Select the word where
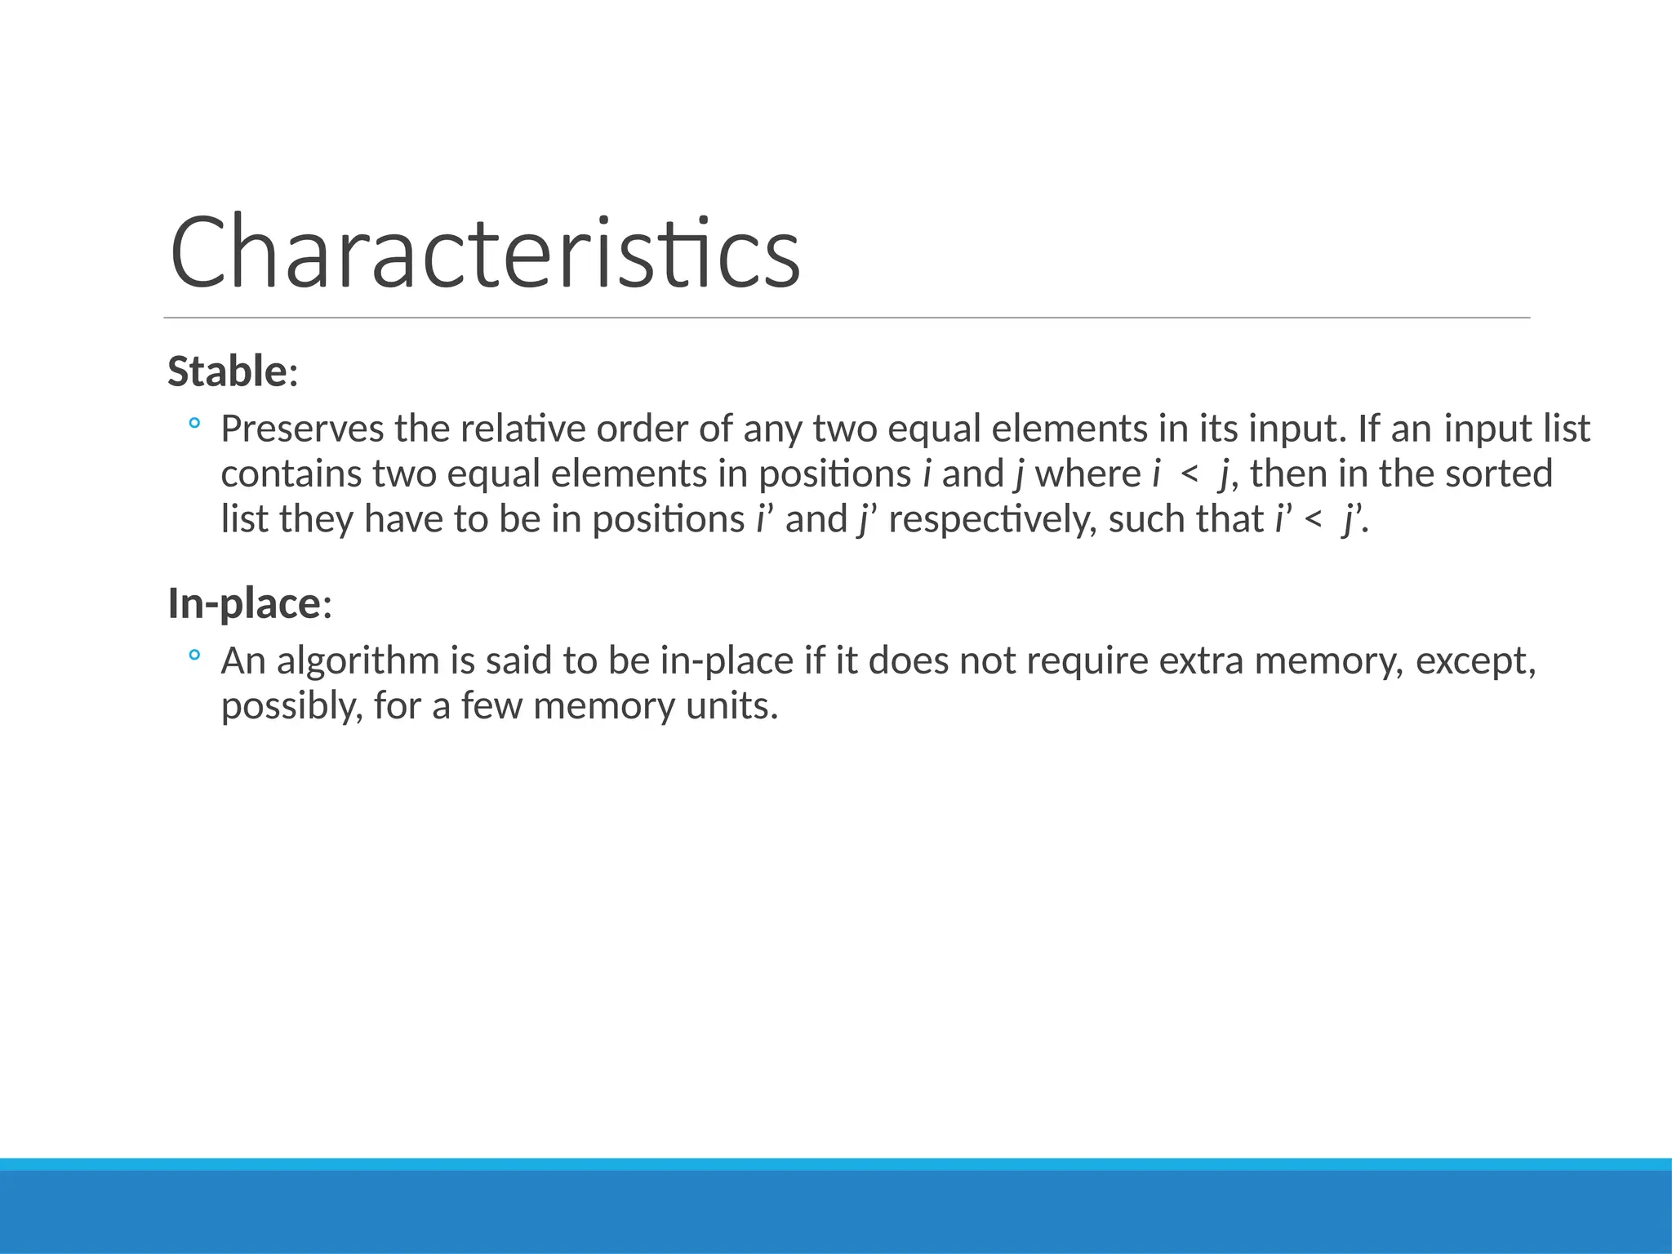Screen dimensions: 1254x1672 pyautogui.click(x=1087, y=474)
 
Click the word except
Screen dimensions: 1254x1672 pyautogui.click(x=1475, y=660)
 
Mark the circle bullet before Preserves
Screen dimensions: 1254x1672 pyautogui.click(x=194, y=424)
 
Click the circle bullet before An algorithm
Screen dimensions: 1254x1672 pyautogui.click(x=194, y=655)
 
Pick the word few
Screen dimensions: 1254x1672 pyautogui.click(x=491, y=706)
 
